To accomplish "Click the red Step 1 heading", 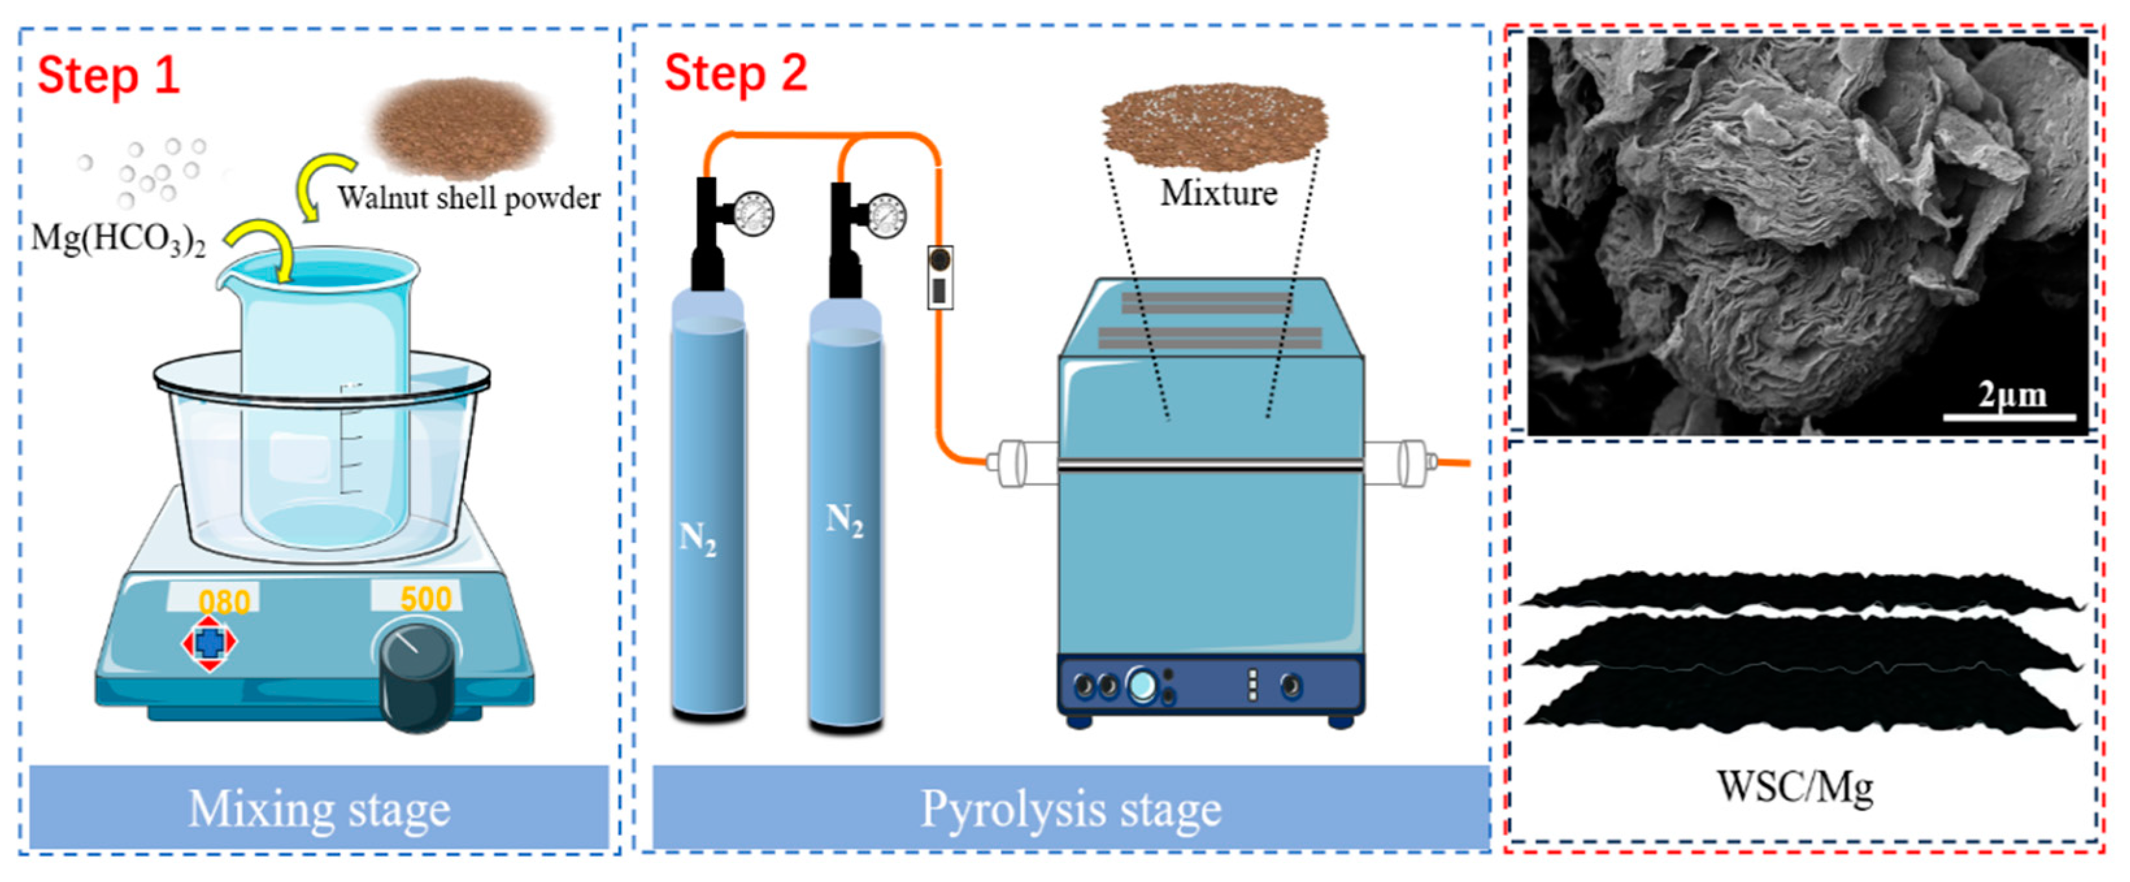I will point(108,75).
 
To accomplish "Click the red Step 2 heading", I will point(735,73).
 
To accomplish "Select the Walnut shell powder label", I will point(469,199).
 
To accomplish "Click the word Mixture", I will point(1218,194).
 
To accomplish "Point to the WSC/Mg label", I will point(1795,786).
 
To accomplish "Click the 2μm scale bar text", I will point(2012,395).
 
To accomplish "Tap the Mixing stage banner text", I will point(319,809).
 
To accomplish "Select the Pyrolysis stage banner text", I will point(1071,809).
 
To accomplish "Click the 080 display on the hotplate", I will point(224,601).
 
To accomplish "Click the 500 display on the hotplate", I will point(425,598).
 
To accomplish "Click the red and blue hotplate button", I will point(209,642).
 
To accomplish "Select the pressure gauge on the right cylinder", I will point(885,214).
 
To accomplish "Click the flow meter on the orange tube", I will point(939,277).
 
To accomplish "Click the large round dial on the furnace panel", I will point(1142,685).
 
